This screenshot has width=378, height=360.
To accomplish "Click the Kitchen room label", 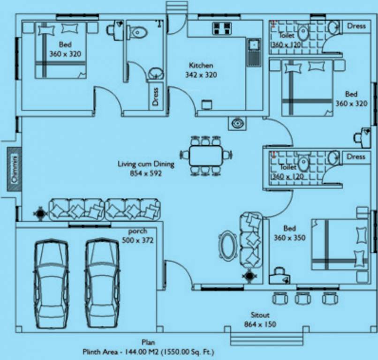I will (201, 66).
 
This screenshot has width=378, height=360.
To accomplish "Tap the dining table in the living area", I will (206, 155).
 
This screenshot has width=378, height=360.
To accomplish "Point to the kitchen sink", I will (254, 45).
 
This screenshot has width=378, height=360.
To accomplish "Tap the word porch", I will (137, 231).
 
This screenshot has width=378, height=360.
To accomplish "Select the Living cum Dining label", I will (146, 164).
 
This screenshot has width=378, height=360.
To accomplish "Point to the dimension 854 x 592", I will (145, 173).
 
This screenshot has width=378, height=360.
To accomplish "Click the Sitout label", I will (260, 315).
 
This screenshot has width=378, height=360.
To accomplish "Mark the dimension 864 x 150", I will (260, 324).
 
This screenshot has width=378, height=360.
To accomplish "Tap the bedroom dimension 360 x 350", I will (289, 238).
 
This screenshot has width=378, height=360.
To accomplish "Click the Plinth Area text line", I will (149, 351).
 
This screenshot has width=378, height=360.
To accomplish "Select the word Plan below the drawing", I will (149, 343).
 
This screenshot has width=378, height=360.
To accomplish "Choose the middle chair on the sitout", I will (302, 298).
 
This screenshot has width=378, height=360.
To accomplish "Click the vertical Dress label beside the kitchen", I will (155, 97).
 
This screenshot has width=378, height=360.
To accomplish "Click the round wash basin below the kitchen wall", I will (237, 123).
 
